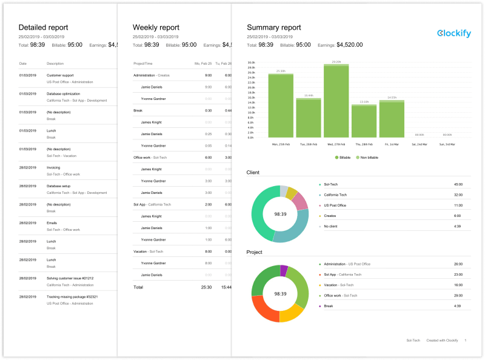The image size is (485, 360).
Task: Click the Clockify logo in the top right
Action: pos(453,33)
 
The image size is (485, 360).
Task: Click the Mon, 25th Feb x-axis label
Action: pos(281,144)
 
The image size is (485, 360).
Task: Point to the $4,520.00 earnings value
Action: pos(350,45)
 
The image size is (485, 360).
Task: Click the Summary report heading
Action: pos(274,27)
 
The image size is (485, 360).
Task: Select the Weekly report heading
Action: pos(156,27)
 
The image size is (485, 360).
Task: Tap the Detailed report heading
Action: pos(43,27)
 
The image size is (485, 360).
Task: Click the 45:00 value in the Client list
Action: pos(458,184)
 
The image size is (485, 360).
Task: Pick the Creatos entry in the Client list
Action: pos(331,216)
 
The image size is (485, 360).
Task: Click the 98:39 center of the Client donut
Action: pos(280,214)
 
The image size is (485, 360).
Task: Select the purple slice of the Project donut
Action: pos(283,270)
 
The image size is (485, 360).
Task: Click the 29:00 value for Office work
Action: pos(458,295)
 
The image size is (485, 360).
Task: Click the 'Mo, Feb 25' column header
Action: pos(202,64)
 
